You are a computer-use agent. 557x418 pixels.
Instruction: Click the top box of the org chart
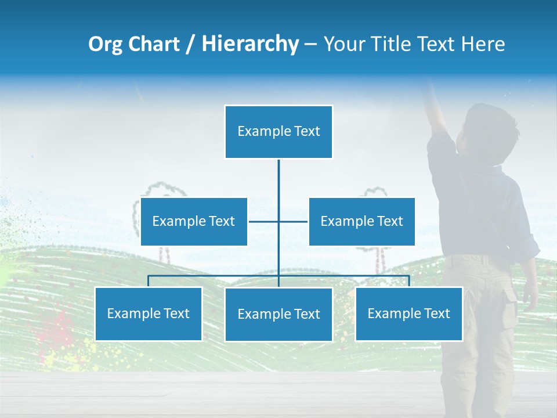pyautogui.click(x=278, y=132)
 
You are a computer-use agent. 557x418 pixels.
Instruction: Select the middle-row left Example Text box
pyautogui.click(x=194, y=221)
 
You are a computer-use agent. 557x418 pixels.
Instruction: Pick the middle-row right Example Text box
pyautogui.click(x=361, y=221)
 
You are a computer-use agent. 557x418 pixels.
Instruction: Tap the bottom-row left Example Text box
pyautogui.click(x=148, y=313)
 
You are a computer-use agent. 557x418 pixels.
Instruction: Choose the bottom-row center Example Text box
pyautogui.click(x=278, y=314)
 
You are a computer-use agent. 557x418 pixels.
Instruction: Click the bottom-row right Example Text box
pyautogui.click(x=408, y=313)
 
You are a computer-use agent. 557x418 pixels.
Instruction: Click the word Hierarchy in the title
pyautogui.click(x=249, y=44)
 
